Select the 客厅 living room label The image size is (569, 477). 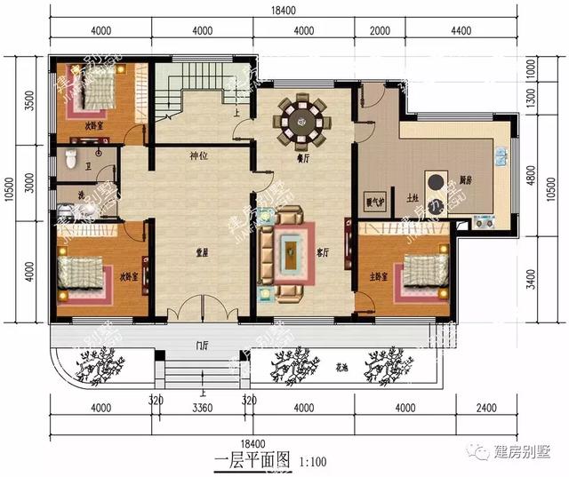point(323,251)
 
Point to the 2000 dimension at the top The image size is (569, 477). point(379,30)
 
